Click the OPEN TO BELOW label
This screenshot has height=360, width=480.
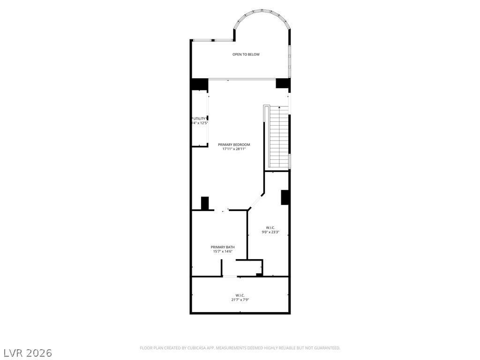[x=246, y=54]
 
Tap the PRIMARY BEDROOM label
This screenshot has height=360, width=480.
[x=234, y=144]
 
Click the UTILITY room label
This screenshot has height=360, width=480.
[x=200, y=118]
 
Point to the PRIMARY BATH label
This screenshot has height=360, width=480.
[x=223, y=247]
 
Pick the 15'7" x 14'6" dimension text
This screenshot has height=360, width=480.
[x=223, y=252]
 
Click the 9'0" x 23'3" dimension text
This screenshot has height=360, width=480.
[x=270, y=232]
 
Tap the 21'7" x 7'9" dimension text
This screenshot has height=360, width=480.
[x=240, y=300]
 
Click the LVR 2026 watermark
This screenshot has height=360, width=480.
[x=28, y=352]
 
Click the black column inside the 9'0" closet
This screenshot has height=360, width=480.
[x=284, y=197]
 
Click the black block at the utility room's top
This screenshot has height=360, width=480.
[x=199, y=84]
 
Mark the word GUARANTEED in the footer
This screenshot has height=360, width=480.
[x=327, y=348]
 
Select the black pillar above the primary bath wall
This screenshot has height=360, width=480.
[x=204, y=203]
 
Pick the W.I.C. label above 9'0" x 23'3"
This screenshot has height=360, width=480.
[x=270, y=227]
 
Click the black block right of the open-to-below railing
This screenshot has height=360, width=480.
[x=283, y=83]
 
